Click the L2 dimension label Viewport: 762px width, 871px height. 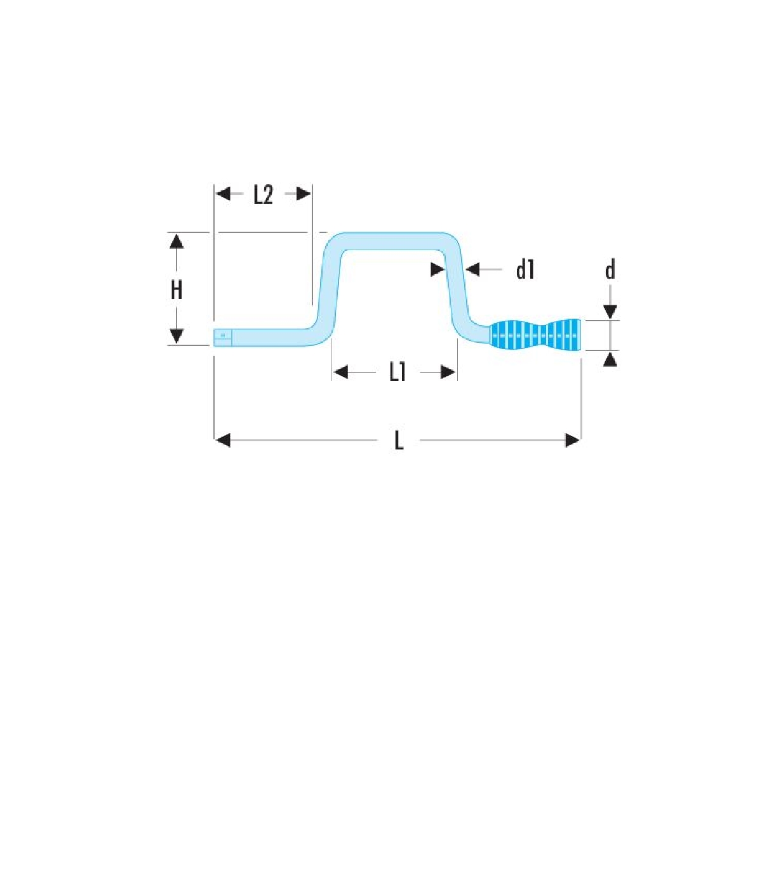pos(263,196)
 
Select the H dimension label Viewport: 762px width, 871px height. pos(177,290)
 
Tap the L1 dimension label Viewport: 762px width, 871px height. pos(397,373)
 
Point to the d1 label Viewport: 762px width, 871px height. pos(525,270)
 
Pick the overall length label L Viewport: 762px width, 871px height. pos(398,441)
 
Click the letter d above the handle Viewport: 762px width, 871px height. pos(610,270)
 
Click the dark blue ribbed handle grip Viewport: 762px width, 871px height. pos(535,335)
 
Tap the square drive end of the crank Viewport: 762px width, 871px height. pos(223,338)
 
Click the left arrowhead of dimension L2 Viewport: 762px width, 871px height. pos(223,194)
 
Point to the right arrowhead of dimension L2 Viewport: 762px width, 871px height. pos(304,194)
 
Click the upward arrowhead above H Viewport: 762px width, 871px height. pos(177,241)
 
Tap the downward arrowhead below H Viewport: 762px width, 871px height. pos(177,336)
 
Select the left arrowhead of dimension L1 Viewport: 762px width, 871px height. pos(340,373)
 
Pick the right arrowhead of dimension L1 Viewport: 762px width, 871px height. pos(448,373)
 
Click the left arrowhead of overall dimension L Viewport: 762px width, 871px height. pos(223,441)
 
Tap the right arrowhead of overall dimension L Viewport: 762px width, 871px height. pos(573,441)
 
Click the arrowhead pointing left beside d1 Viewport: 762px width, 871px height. pos(472,269)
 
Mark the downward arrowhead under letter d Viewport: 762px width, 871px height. pos(610,312)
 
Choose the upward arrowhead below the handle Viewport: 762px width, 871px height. pos(610,359)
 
